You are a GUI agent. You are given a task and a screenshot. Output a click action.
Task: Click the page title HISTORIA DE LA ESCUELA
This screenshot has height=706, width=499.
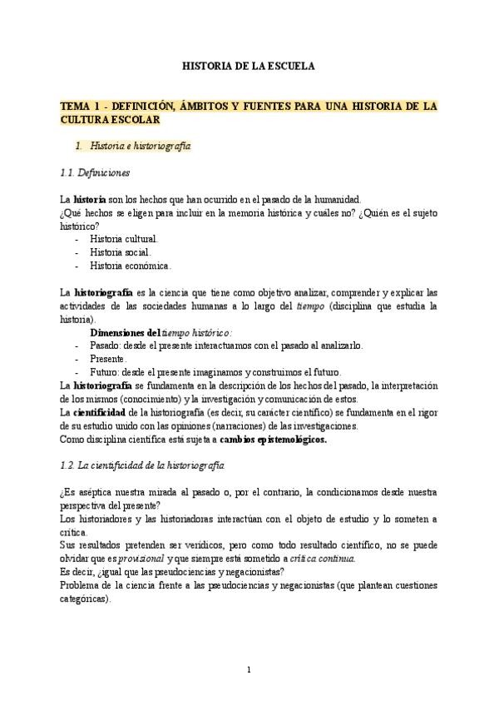(249, 66)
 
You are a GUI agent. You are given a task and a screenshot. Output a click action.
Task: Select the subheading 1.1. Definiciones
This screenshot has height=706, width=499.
(95, 173)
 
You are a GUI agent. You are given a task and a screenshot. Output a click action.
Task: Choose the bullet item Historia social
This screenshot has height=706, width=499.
(120, 252)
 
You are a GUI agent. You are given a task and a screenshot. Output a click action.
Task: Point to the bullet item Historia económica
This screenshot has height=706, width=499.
(130, 266)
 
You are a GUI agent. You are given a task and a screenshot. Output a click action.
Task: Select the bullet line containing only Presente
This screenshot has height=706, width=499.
(108, 359)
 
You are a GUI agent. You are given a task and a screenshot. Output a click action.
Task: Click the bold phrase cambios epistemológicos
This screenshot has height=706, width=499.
(274, 439)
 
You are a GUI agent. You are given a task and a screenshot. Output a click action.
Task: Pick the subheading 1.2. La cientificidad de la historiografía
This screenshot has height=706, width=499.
(142, 464)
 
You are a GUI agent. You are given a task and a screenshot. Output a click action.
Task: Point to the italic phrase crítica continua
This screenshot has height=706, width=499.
(309, 559)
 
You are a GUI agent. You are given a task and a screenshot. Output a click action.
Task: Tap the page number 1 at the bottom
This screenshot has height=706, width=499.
(249, 670)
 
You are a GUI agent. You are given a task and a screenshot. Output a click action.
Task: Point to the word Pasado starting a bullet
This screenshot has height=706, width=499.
(106, 346)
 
